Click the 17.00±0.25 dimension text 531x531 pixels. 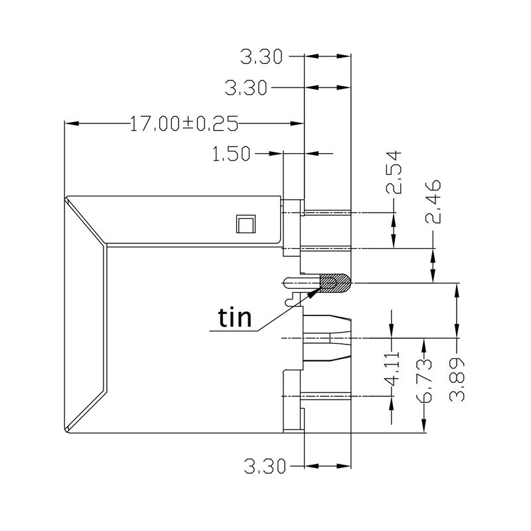pos(184,123)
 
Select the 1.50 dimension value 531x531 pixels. pos(231,154)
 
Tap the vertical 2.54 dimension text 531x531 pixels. pos(396,171)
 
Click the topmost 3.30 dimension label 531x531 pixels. pos(262,58)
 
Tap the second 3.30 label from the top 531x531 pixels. pos(247,87)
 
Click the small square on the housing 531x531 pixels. pos(245,224)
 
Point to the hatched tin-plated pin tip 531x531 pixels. pos(336,284)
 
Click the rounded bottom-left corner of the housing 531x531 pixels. pos(66,431)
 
